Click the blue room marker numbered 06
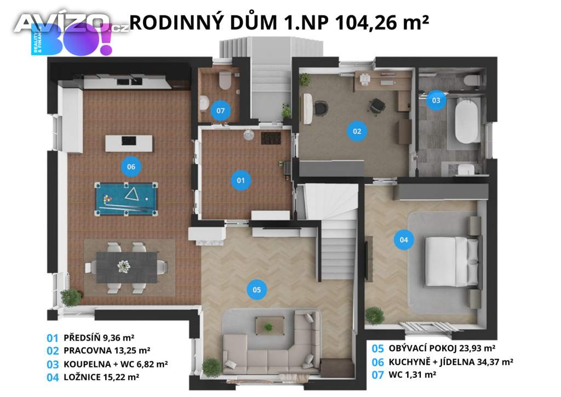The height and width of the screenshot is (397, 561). tap(131, 166)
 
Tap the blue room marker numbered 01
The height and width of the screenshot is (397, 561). tap(240, 180)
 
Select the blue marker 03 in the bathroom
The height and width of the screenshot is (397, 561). tap(436, 100)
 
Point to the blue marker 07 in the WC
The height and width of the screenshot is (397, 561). tap(220, 111)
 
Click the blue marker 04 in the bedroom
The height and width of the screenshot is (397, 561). tap(404, 240)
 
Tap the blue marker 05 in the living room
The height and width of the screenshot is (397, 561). tap(256, 288)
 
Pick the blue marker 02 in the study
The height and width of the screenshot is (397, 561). tap(357, 131)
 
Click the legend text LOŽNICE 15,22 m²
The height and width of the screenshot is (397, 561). tap(101, 377)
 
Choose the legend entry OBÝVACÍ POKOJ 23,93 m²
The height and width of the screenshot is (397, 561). tap(442, 348)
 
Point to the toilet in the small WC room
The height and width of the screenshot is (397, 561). tap(224, 82)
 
